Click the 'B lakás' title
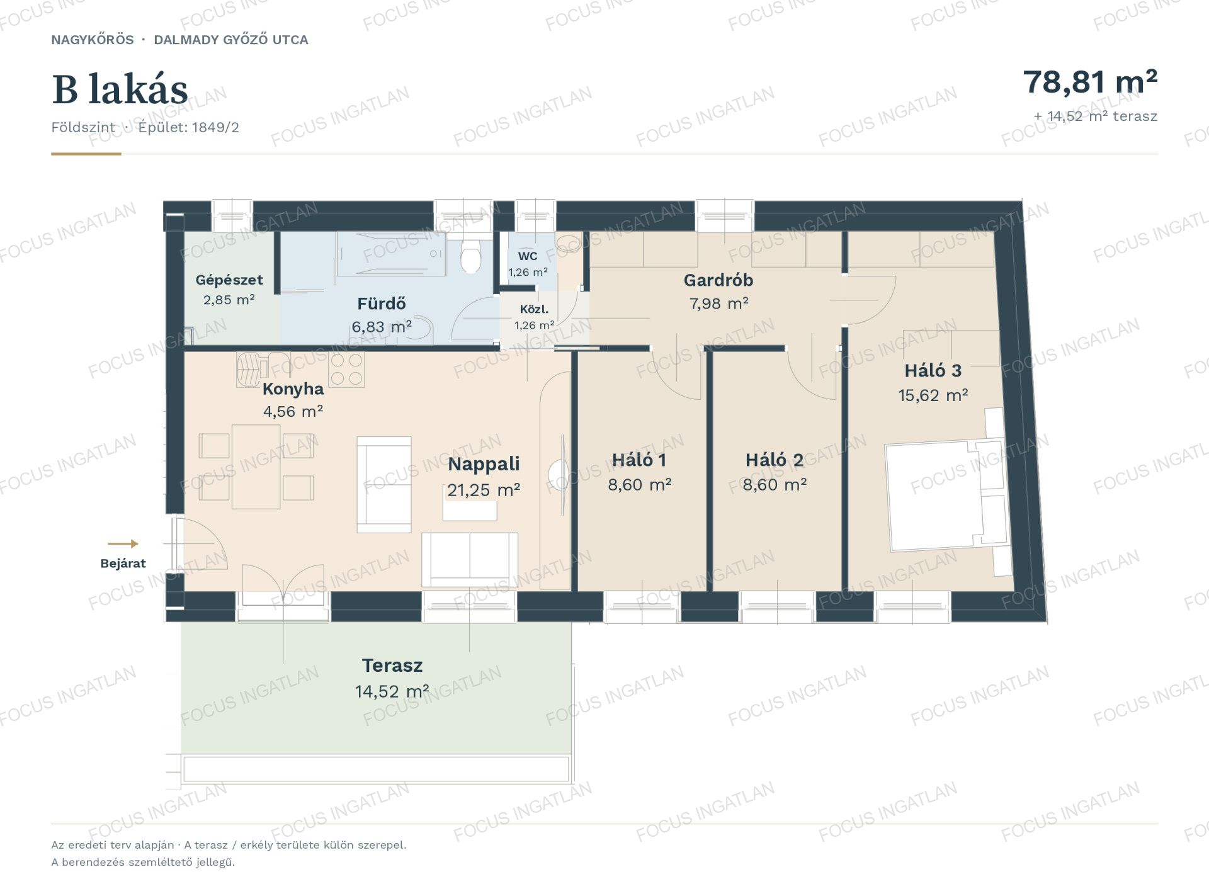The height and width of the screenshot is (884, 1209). pyautogui.click(x=120, y=89)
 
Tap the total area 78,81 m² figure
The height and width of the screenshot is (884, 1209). pyautogui.click(x=1090, y=82)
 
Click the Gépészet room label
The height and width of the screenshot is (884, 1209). pyautogui.click(x=229, y=280)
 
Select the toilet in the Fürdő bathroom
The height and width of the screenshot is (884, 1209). pyautogui.click(x=470, y=254)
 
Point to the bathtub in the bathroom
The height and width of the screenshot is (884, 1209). pyautogui.click(x=391, y=254)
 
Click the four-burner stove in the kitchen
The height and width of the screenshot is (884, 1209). pyautogui.click(x=346, y=369)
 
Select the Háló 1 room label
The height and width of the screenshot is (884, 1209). pyautogui.click(x=639, y=460)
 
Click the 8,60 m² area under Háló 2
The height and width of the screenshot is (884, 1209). pyautogui.click(x=775, y=485)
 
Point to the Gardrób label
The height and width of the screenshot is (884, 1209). pyautogui.click(x=718, y=280)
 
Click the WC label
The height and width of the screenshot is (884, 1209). pyautogui.click(x=528, y=256)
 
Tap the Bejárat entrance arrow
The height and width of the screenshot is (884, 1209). pyautogui.click(x=123, y=544)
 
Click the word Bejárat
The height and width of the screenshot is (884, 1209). pyautogui.click(x=123, y=564)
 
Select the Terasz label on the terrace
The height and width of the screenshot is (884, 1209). pyautogui.click(x=392, y=666)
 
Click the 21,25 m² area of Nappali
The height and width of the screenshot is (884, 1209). pyautogui.click(x=484, y=490)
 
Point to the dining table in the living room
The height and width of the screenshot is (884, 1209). pyautogui.click(x=256, y=467)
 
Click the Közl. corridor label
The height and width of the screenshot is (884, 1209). pyautogui.click(x=534, y=310)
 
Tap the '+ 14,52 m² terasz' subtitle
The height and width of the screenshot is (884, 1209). pyautogui.click(x=1096, y=116)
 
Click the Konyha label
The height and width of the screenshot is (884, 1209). pyautogui.click(x=293, y=389)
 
